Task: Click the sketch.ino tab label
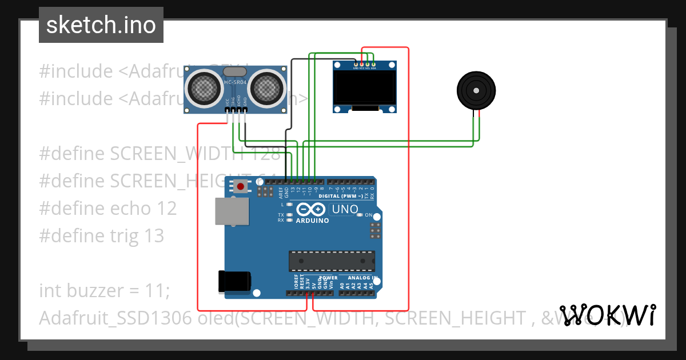point(101,25)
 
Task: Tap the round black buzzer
point(476,90)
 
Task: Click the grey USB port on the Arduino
point(232,210)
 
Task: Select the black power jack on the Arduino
point(234,281)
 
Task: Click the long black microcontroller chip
point(332,260)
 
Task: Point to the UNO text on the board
point(345,210)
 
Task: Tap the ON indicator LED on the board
point(360,215)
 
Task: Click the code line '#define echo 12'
point(108,208)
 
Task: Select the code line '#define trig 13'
point(102,235)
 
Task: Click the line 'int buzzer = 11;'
point(105,290)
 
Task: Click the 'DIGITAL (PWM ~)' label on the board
point(340,195)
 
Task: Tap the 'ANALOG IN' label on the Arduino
point(362,278)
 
